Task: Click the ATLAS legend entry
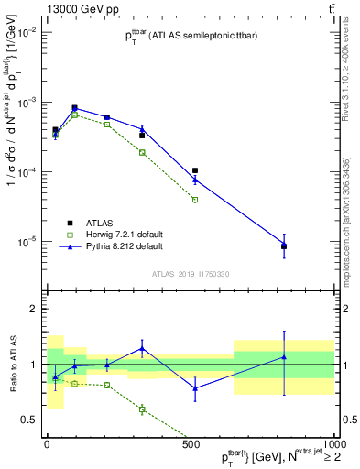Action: (x=86, y=223)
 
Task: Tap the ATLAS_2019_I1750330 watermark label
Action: (x=189, y=273)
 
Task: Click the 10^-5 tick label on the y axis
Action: (x=27, y=242)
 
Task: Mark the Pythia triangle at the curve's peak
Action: (x=74, y=109)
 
